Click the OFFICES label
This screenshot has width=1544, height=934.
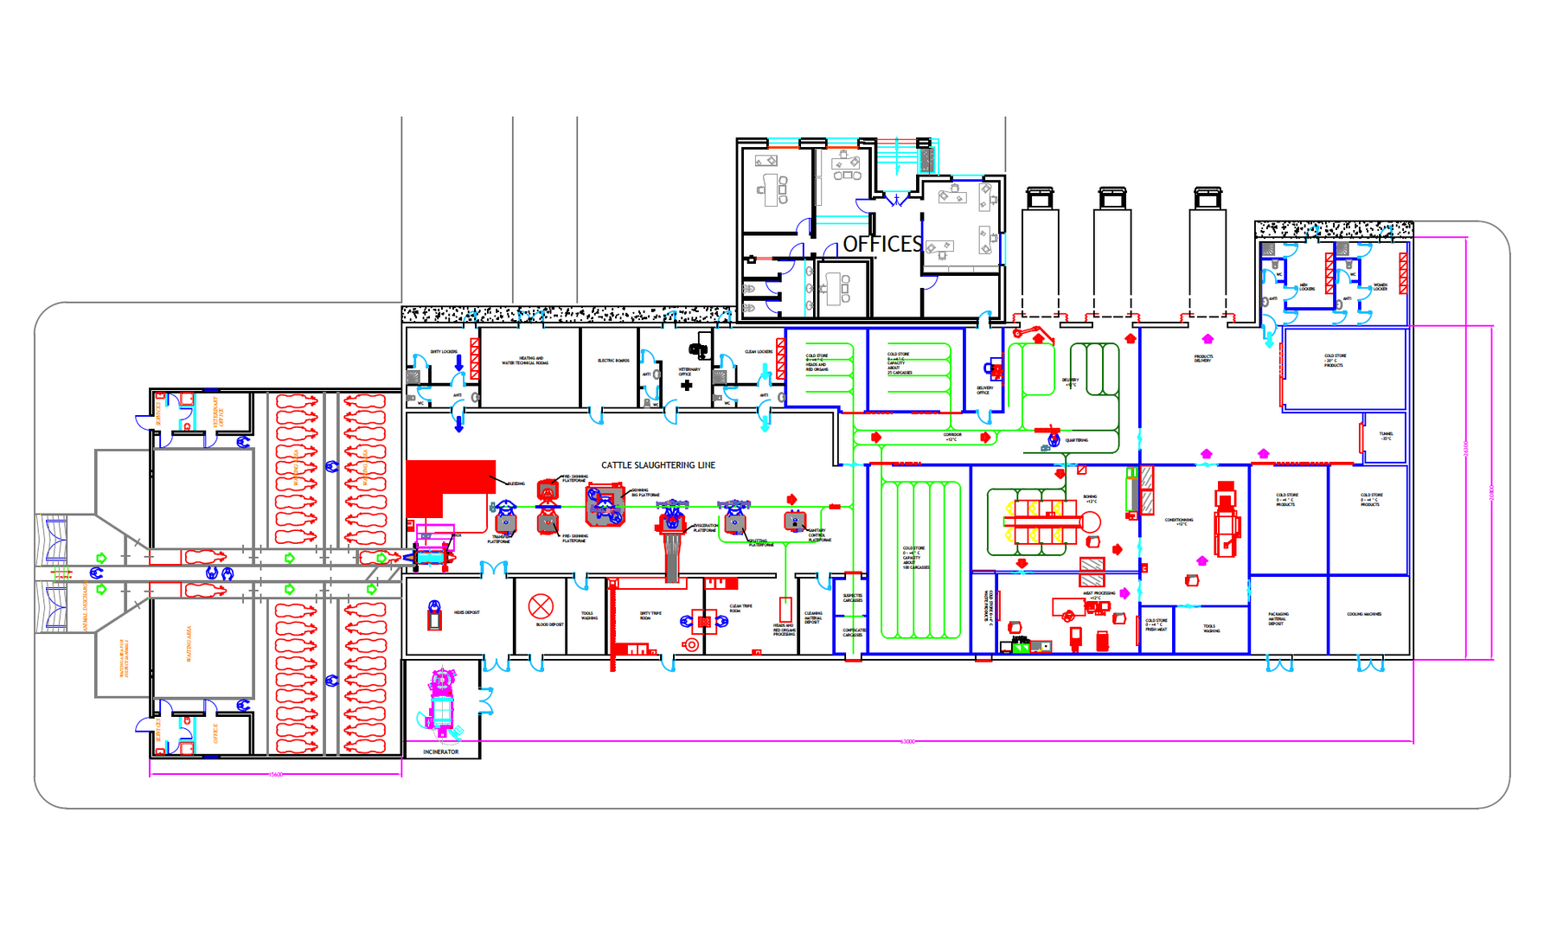882,244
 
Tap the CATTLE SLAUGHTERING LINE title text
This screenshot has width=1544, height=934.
658,465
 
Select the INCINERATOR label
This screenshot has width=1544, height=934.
440,752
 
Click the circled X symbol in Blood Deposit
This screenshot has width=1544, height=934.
541,605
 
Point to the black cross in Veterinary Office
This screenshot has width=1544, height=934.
687,386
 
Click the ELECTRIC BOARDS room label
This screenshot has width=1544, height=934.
613,361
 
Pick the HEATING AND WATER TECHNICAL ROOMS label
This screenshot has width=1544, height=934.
525,361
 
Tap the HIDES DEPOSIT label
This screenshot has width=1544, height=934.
466,612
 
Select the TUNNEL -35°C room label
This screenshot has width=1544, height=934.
1386,436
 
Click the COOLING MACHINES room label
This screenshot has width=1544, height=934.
1364,614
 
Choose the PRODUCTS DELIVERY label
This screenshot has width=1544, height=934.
1203,358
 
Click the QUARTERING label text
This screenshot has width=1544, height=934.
1076,440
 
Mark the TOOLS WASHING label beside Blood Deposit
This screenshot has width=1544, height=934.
589,616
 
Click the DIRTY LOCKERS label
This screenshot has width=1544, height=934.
444,352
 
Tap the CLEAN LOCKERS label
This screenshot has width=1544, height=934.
759,352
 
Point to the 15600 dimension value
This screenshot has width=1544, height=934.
275,774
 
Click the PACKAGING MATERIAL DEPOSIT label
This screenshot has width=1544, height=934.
1278,618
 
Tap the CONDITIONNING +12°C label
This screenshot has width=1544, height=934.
1178,521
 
